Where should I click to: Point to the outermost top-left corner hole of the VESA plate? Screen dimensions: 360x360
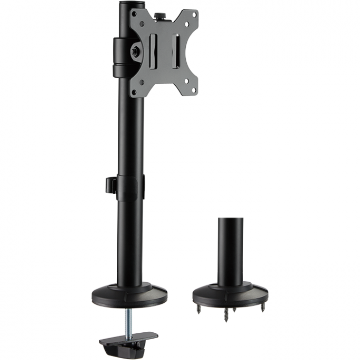click(x=133, y=13)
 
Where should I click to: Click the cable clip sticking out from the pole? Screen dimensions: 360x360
click(x=110, y=184)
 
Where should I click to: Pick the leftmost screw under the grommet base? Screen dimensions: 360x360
click(x=198, y=308)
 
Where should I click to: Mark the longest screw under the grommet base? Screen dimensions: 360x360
click(x=227, y=315)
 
